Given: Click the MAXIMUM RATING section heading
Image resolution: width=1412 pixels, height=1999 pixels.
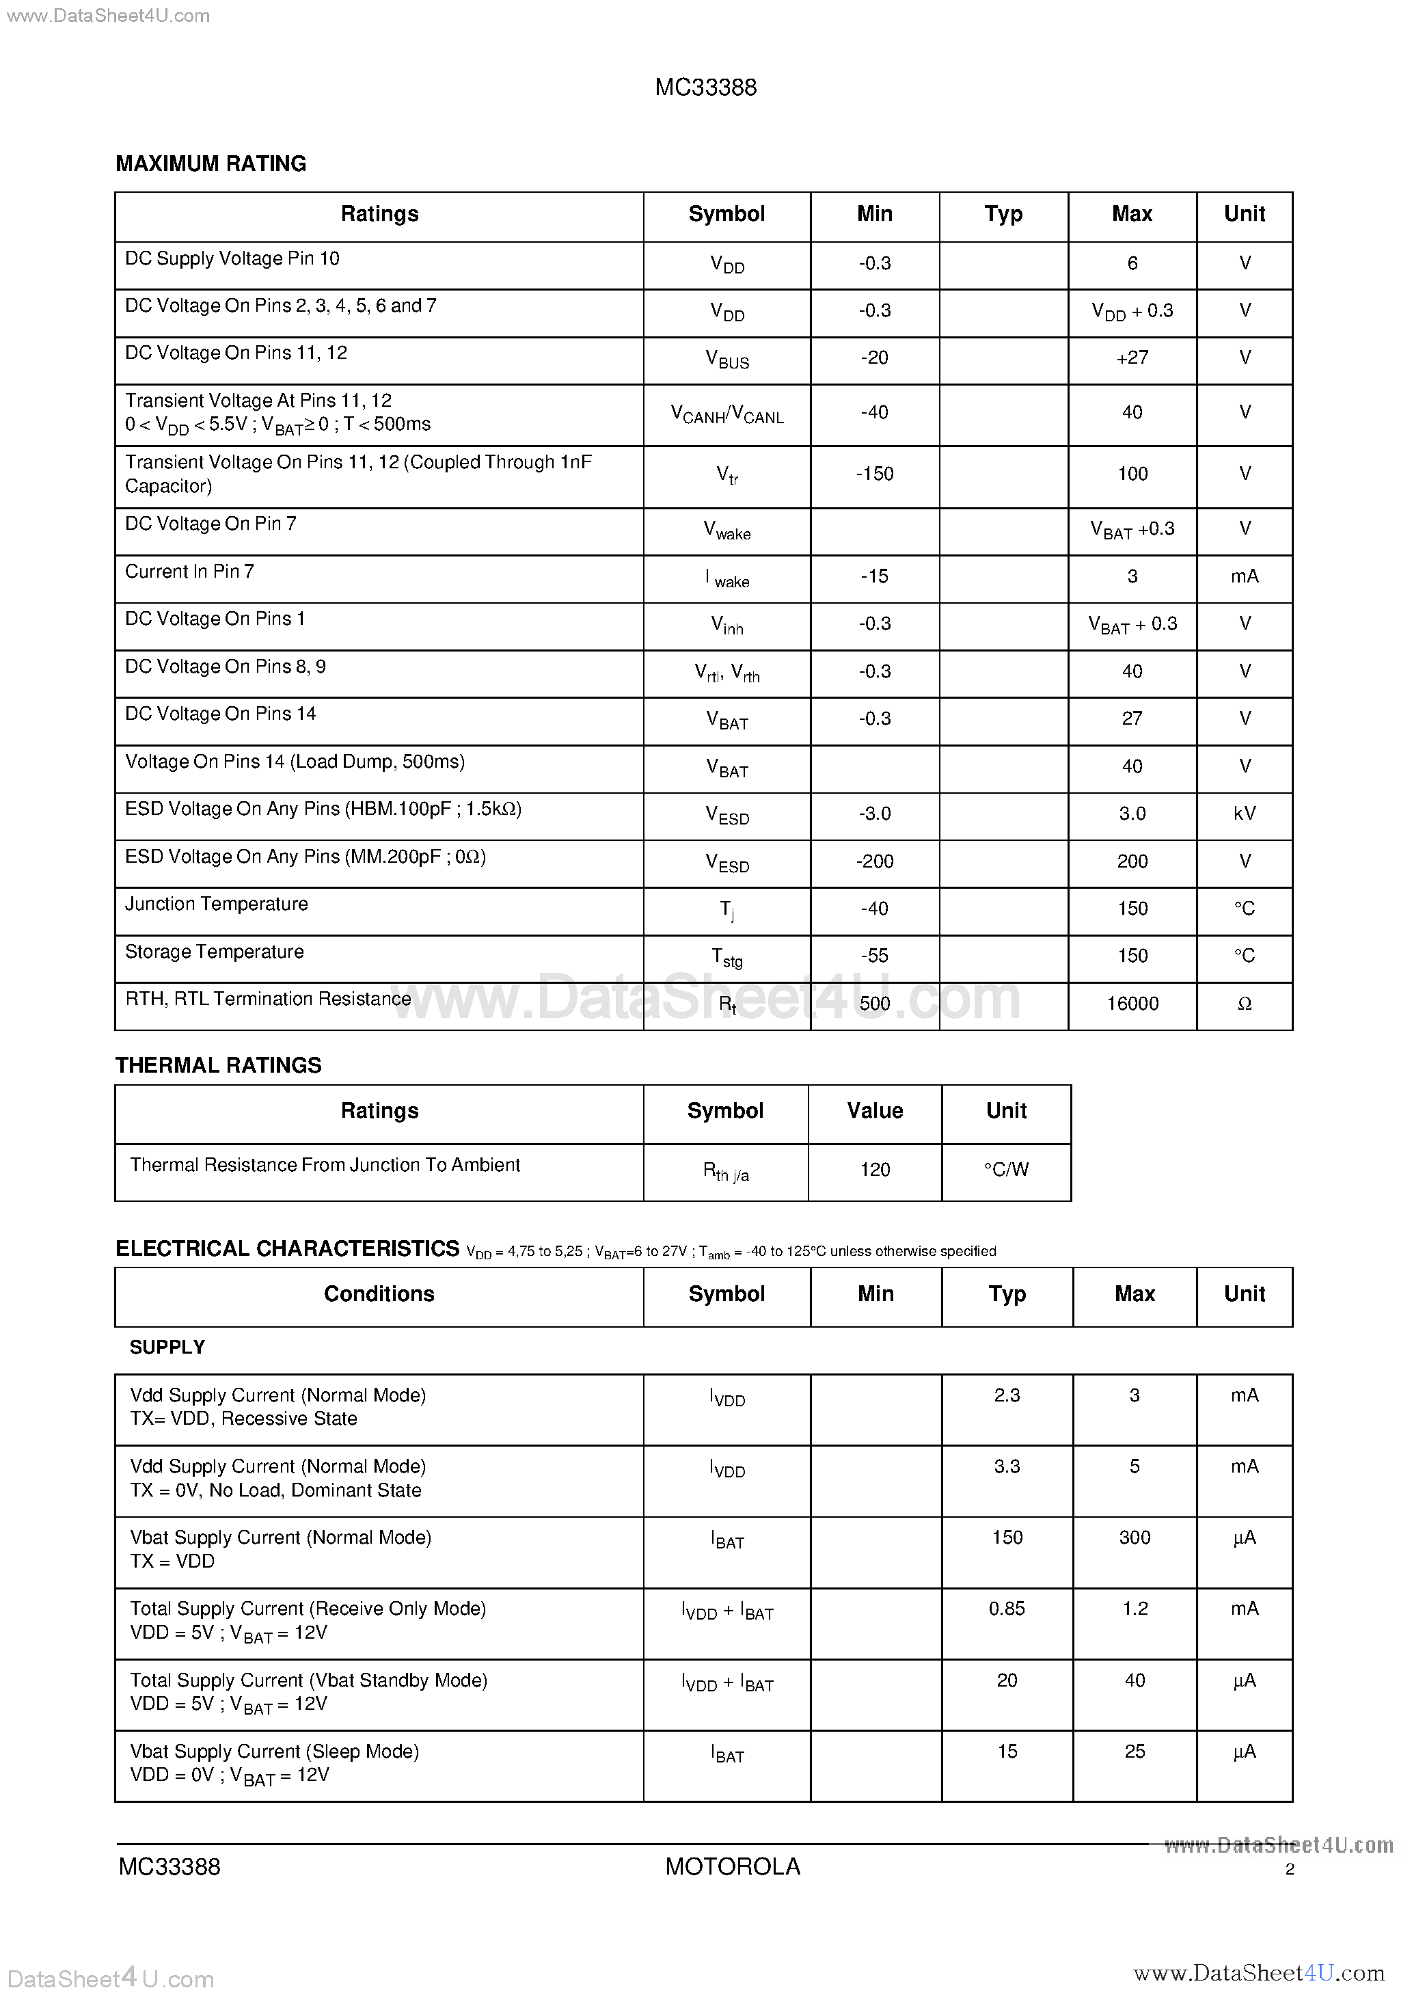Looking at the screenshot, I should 211,163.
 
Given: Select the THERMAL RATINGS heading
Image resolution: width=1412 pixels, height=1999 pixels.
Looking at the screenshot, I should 219,1065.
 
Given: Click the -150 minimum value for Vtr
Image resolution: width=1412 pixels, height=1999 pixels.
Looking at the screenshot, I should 874,474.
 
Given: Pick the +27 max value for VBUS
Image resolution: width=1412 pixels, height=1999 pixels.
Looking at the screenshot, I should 1132,358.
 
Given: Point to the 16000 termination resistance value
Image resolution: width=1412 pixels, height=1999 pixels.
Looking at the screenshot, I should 1132,1004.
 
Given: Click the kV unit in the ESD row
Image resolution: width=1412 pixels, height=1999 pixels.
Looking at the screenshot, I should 1244,813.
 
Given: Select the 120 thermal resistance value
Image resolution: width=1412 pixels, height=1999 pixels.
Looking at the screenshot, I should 874,1169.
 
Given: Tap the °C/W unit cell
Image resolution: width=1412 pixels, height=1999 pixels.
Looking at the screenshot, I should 1005,1169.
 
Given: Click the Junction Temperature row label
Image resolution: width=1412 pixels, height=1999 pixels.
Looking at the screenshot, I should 217,904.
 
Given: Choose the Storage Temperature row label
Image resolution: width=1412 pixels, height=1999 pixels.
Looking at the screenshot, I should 214,952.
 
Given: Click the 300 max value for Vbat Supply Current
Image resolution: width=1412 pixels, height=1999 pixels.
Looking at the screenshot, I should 1135,1538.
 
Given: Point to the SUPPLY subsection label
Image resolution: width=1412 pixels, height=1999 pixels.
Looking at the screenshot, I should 167,1347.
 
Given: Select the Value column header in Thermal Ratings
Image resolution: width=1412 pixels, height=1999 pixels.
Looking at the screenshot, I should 874,1111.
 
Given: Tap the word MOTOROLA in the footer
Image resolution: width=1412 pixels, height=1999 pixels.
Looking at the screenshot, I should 732,1866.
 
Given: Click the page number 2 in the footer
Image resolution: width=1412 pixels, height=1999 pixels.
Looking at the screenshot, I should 1289,1869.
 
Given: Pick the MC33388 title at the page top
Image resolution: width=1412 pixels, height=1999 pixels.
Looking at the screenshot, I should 705,87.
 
